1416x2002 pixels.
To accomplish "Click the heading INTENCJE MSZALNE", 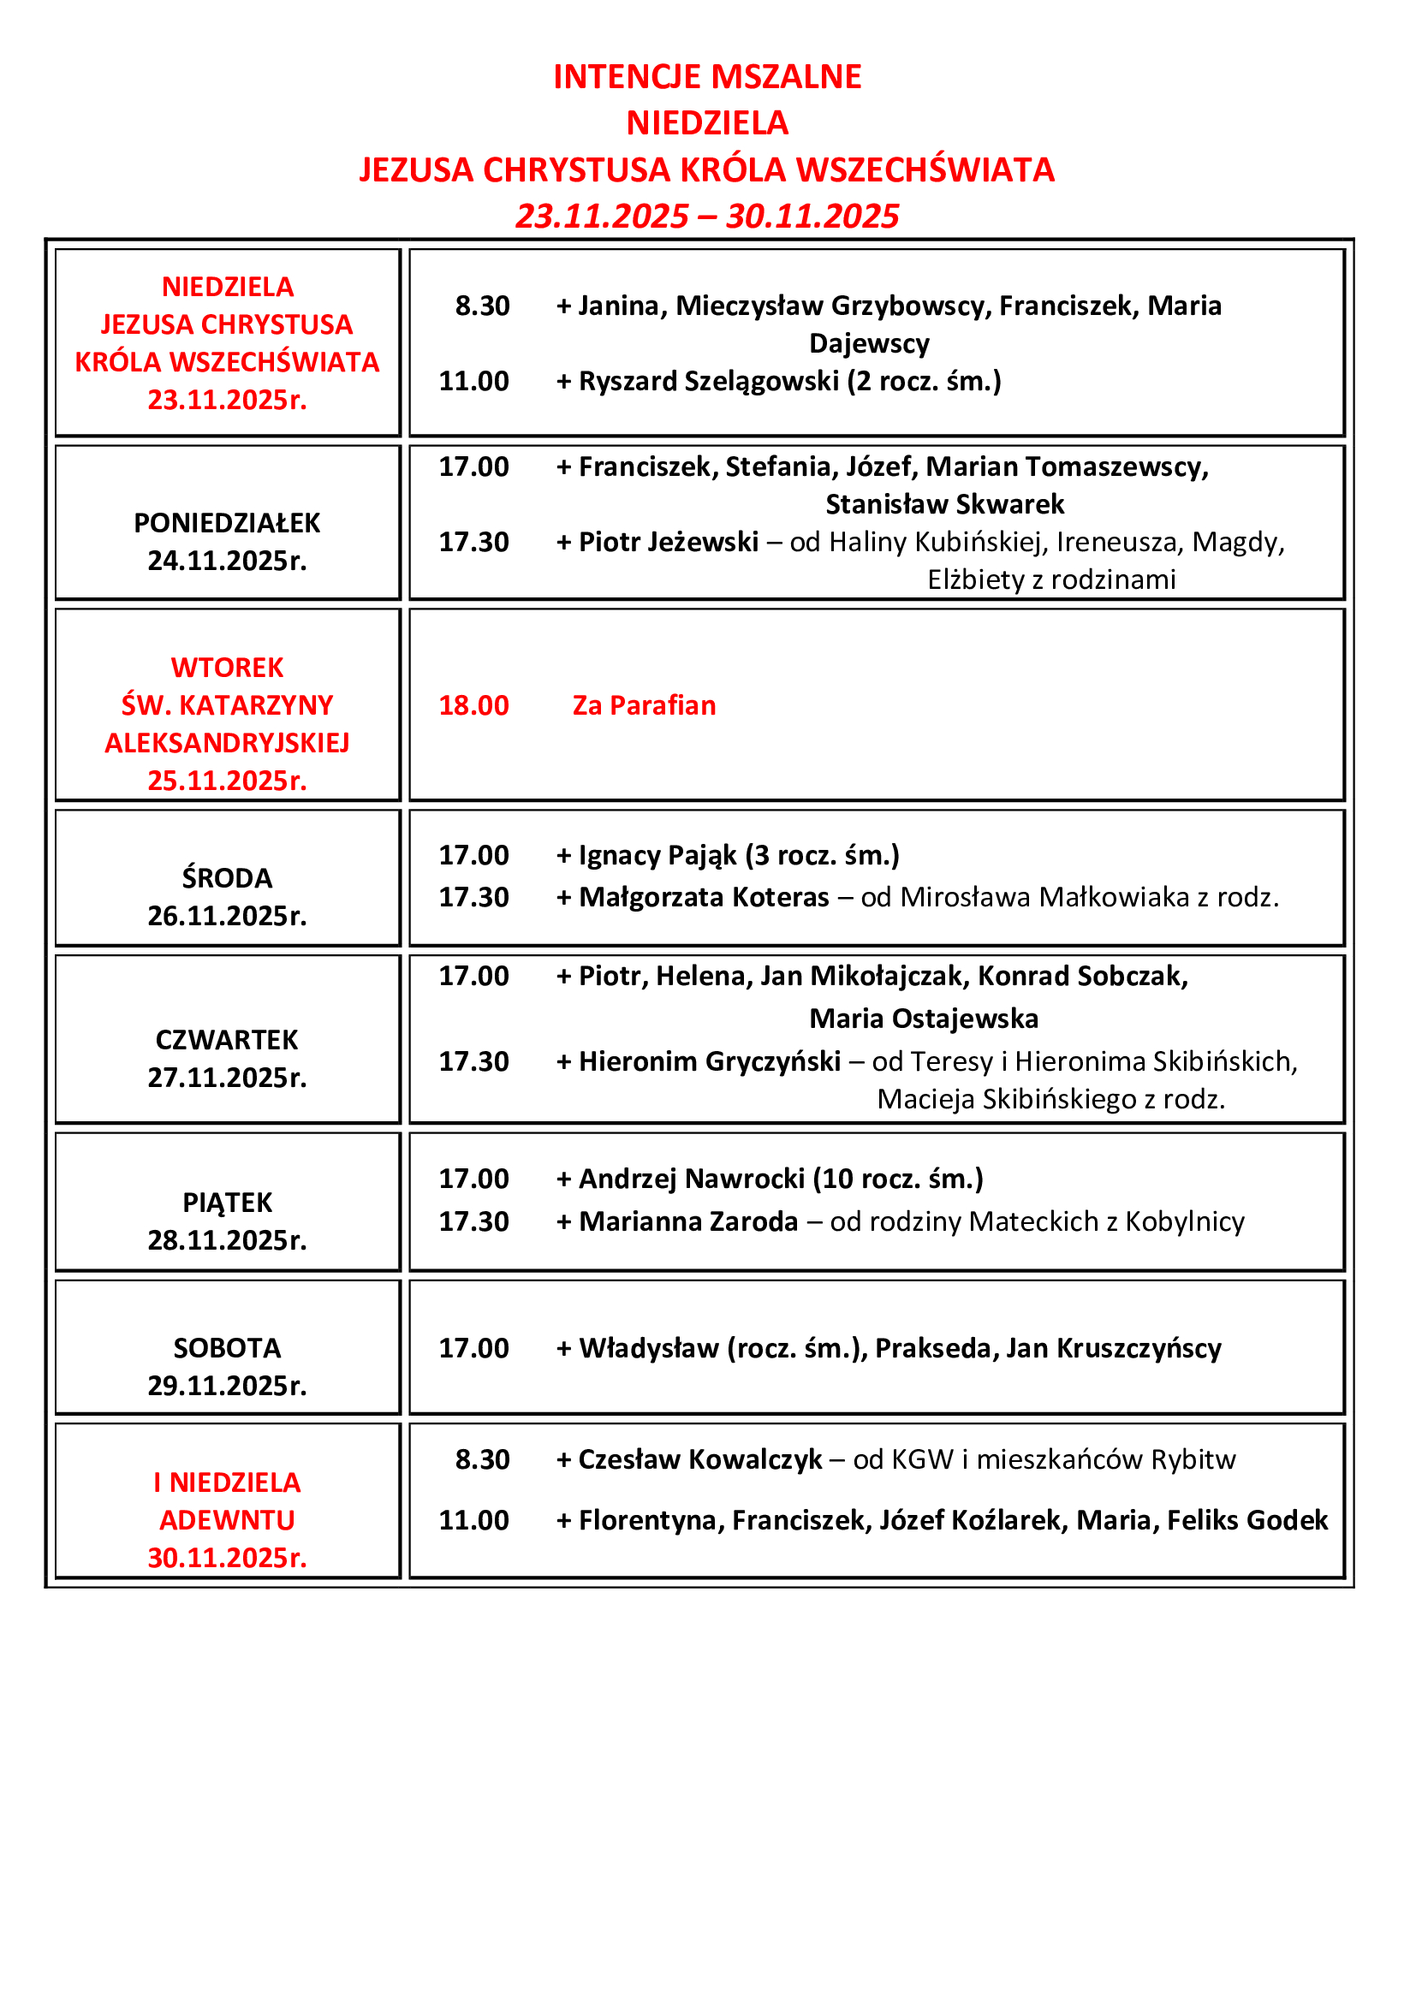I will pos(707,77).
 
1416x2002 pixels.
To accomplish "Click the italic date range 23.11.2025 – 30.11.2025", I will pos(707,217).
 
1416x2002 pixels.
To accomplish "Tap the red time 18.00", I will pos(473,705).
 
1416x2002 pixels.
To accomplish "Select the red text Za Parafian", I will pos(644,705).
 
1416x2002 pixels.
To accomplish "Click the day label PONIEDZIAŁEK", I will pos(227,523).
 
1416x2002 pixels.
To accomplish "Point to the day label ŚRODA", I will pos(227,878).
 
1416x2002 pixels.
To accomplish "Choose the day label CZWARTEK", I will pos(227,1040).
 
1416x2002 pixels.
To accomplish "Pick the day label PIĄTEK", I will pos(227,1203).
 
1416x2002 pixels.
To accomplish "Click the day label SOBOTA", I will pos(227,1348).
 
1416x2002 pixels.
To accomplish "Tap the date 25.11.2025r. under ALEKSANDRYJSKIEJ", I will pos(227,781).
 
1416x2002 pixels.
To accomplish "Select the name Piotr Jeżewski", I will pos(668,542).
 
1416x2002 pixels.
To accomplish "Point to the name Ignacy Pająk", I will pos(657,855).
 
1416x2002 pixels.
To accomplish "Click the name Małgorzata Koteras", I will pos(704,897).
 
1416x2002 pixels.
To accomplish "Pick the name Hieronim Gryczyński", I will pos(710,1061).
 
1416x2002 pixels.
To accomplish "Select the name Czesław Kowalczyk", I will pos(700,1459).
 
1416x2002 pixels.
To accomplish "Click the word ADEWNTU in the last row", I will pos(227,1521).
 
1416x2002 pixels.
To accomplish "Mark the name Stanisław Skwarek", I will pos(944,504).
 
